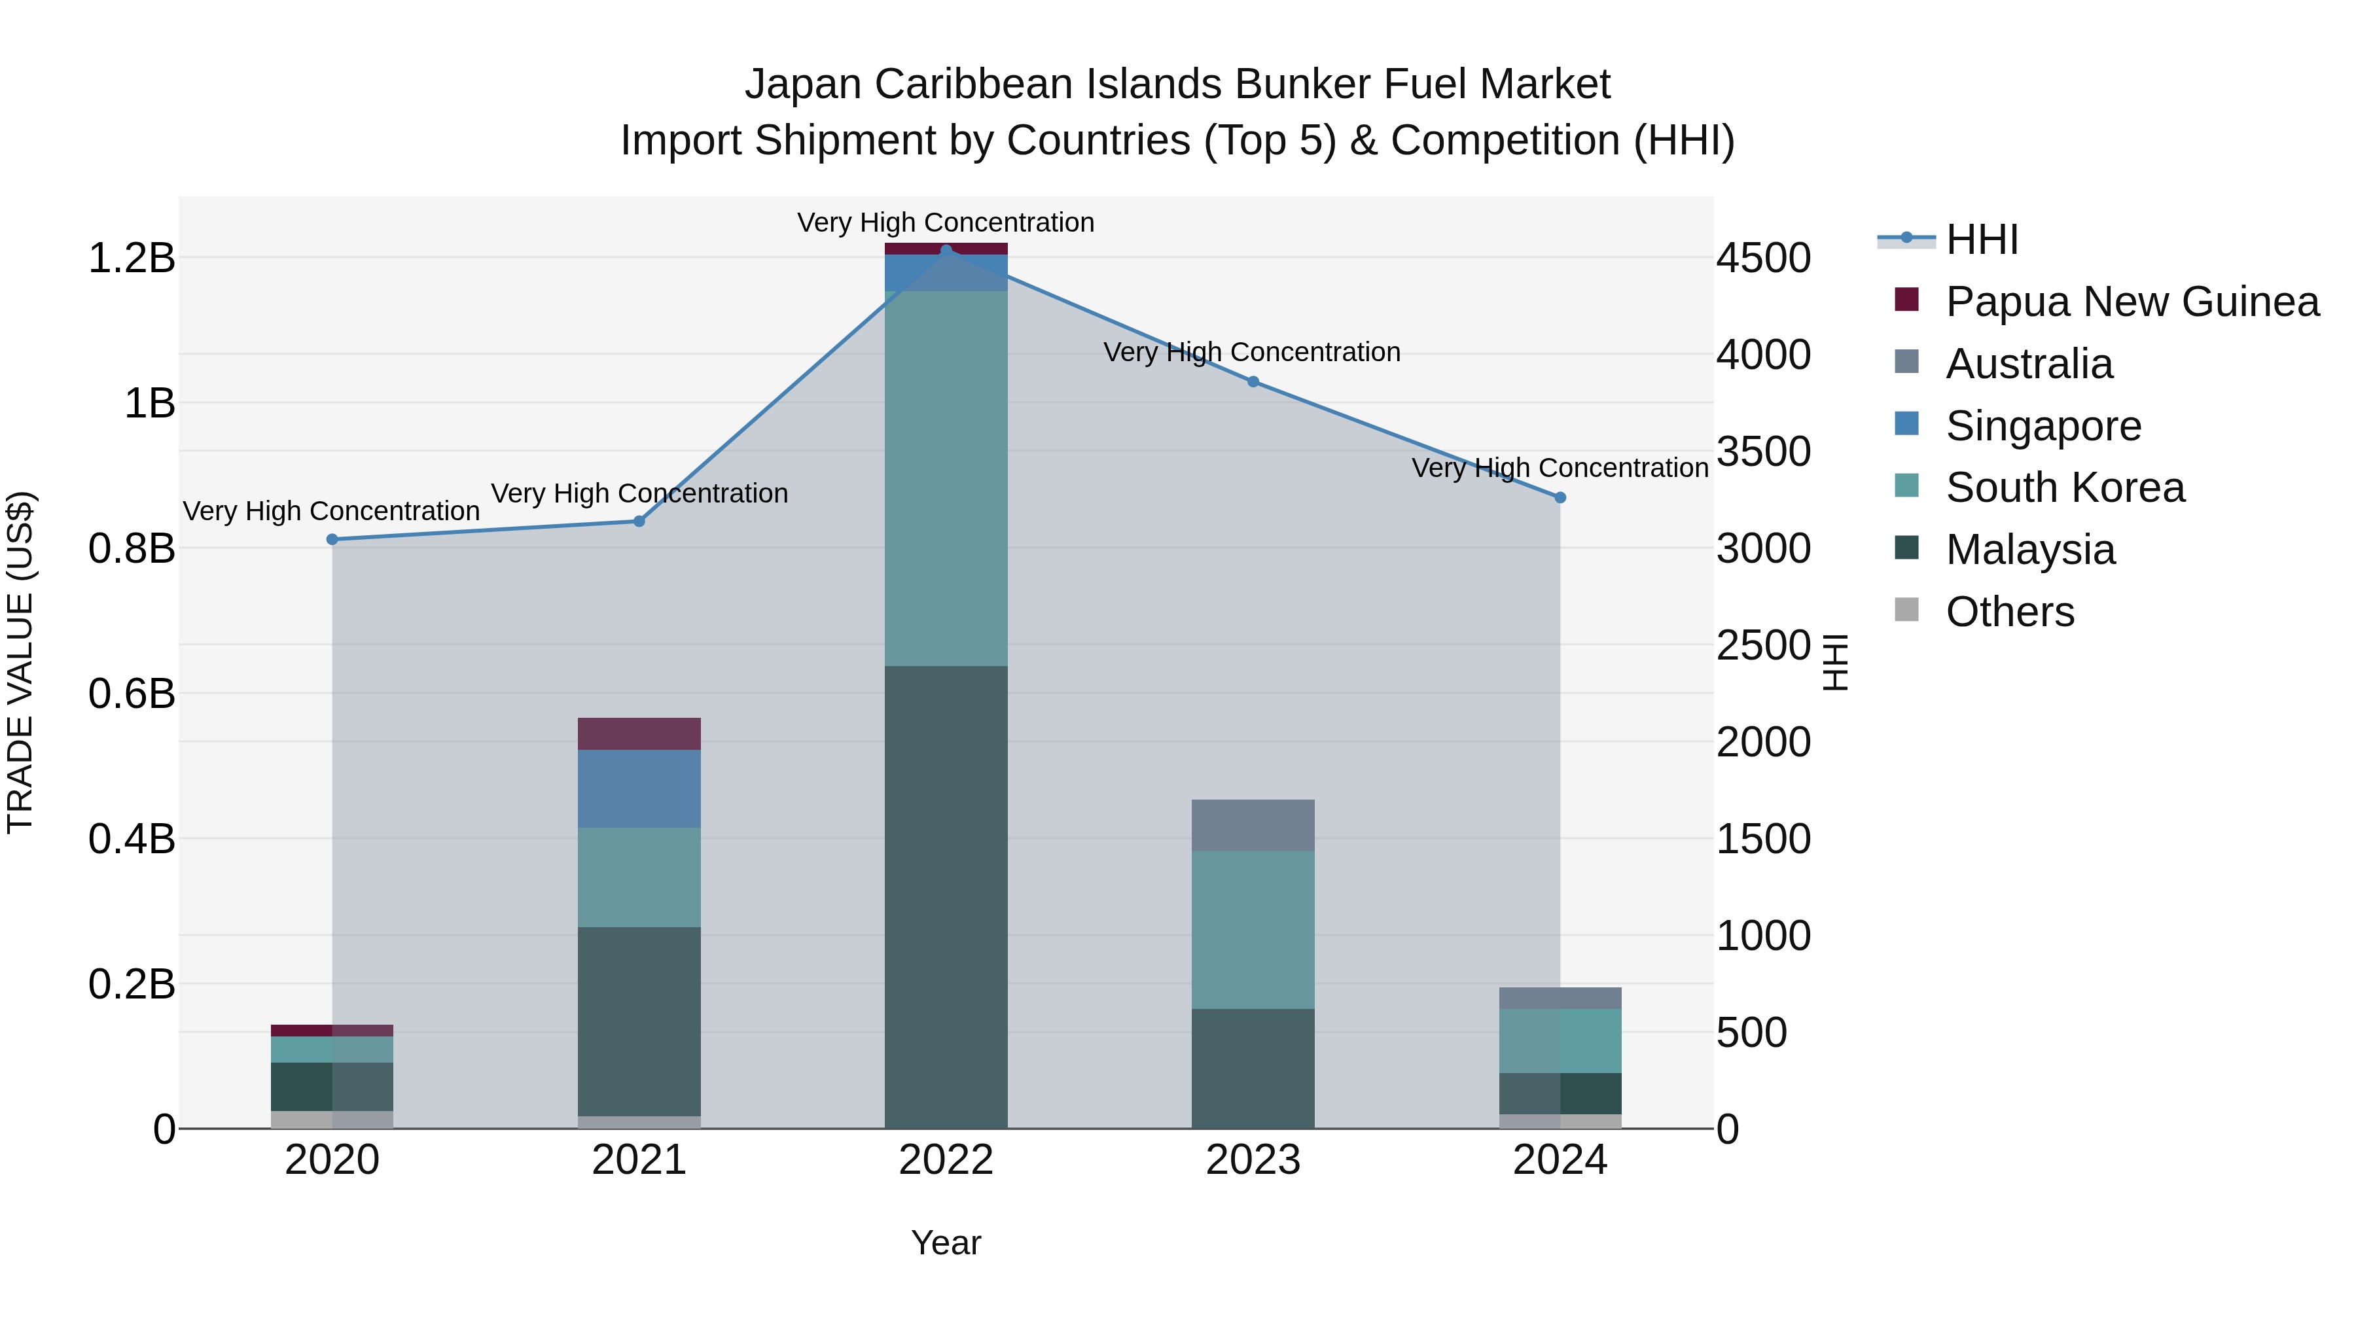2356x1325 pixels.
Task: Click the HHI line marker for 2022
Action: pos(946,250)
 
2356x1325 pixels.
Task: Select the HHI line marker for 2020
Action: pos(332,540)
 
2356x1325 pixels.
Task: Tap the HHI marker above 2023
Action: pos(1253,381)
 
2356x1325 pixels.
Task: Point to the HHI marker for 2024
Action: pos(1560,497)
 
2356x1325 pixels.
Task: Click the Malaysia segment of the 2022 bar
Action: pos(946,896)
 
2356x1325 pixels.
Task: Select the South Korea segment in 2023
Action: pos(1253,929)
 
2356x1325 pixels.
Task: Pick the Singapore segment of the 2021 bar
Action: pos(639,788)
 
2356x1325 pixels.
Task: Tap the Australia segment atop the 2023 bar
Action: pos(1253,825)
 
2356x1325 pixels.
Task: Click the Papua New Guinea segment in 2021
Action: pos(639,733)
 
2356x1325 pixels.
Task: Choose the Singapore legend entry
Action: pos(2043,426)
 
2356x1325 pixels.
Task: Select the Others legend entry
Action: pos(2009,612)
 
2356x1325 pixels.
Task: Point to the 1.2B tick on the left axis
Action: pos(131,258)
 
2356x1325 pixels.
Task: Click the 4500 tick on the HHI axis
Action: pos(1762,258)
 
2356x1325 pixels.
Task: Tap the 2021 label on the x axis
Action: pos(639,1160)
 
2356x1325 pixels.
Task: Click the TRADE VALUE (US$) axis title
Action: pos(20,662)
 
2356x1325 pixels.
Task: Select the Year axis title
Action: pos(946,1243)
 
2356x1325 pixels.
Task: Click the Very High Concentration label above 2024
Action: pos(1560,468)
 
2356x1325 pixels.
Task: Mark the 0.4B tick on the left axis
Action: pos(131,839)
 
